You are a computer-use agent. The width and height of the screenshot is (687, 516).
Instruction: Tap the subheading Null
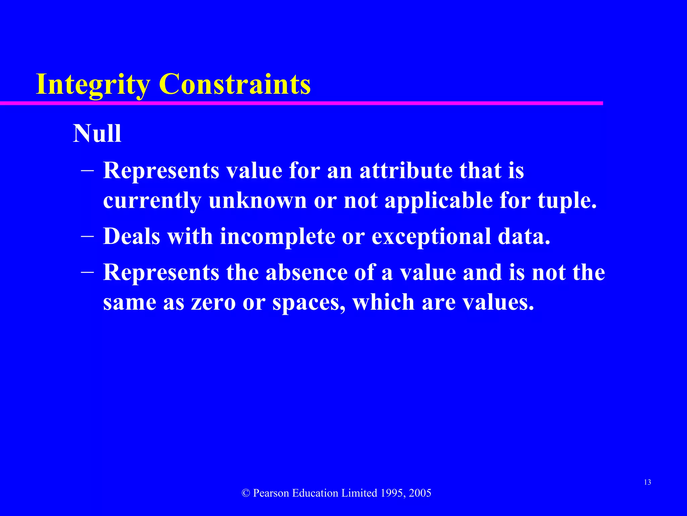click(97, 134)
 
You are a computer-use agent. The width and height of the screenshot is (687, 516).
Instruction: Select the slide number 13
click(647, 482)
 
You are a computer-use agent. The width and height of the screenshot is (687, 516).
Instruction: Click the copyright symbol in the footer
click(246, 493)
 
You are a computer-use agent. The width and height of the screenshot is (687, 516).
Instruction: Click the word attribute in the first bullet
click(406, 170)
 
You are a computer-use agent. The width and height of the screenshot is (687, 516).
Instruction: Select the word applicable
click(439, 201)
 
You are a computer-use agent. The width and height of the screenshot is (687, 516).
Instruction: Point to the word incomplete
click(277, 236)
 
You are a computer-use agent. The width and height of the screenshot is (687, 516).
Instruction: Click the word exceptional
click(431, 236)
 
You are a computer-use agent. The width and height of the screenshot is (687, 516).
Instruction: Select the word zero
click(213, 302)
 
